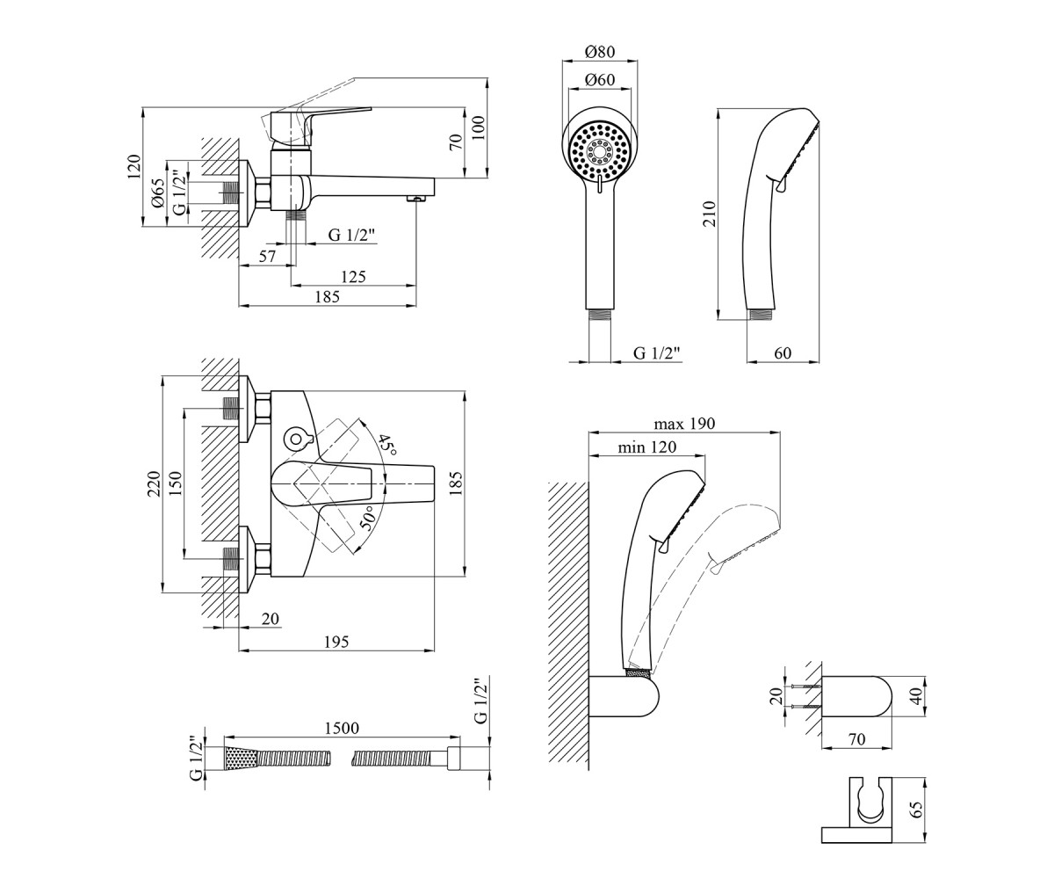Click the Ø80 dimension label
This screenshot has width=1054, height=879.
(x=600, y=52)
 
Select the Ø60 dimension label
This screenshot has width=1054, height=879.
(x=600, y=80)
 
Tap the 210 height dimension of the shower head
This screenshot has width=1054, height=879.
(x=710, y=214)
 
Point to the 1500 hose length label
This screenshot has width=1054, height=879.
(x=342, y=728)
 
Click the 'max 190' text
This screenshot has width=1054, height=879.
(x=684, y=424)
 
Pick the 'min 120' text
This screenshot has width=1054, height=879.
(x=646, y=447)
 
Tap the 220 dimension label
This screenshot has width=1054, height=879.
(x=154, y=483)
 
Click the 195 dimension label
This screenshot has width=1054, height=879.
(x=336, y=642)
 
